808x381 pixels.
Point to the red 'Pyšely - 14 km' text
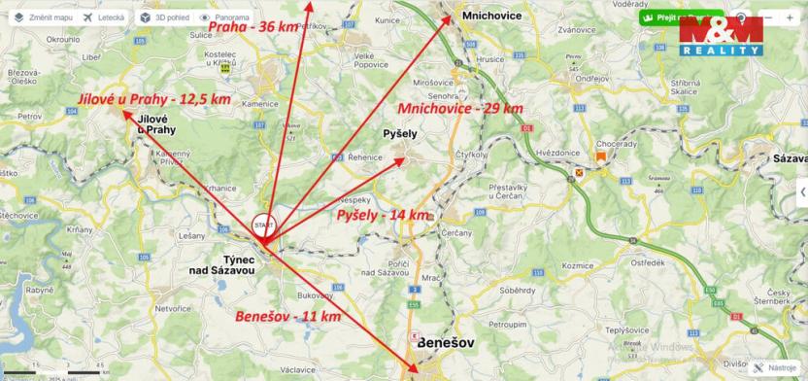(x=382, y=214)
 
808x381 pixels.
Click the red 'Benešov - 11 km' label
(x=287, y=317)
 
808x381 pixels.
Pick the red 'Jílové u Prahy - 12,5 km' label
(x=154, y=98)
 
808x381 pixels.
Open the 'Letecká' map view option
(x=103, y=17)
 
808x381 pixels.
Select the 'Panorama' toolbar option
(x=223, y=17)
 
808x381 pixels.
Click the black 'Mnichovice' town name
(x=491, y=17)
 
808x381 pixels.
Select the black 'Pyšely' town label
(x=400, y=131)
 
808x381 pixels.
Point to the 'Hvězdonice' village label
(x=557, y=153)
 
